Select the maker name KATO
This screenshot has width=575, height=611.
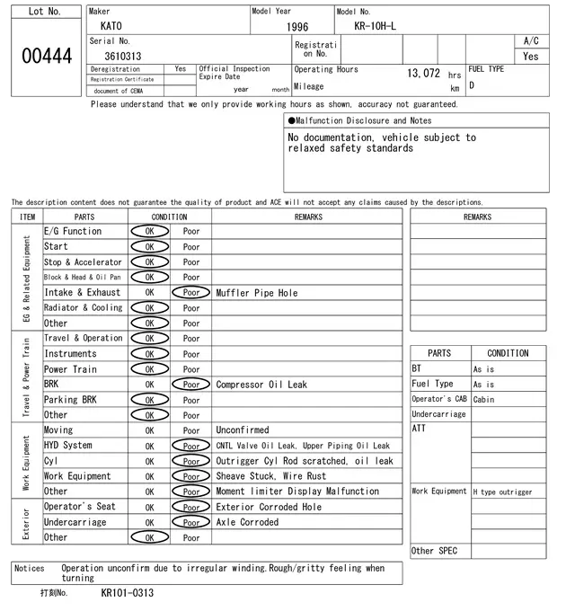pyautogui.click(x=111, y=26)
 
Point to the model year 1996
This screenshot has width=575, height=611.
pyautogui.click(x=297, y=27)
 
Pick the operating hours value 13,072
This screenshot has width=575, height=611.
pyautogui.click(x=423, y=73)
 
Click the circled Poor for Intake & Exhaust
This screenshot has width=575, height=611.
pyautogui.click(x=190, y=292)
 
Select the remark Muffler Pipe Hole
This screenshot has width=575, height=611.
pyautogui.click(x=257, y=293)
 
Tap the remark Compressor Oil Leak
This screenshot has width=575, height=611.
pyautogui.click(x=261, y=385)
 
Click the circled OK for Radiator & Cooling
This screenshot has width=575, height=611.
pyautogui.click(x=149, y=307)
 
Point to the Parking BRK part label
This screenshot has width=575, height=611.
pyautogui.click(x=70, y=400)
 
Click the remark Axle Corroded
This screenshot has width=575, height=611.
pyautogui.click(x=247, y=522)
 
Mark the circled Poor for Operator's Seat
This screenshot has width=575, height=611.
pyautogui.click(x=190, y=507)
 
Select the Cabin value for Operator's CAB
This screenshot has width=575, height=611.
pyautogui.click(x=484, y=400)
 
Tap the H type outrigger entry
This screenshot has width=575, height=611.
pyautogui.click(x=502, y=491)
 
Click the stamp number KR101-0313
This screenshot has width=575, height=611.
pyautogui.click(x=127, y=593)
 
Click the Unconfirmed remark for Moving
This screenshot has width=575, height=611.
pyautogui.click(x=242, y=430)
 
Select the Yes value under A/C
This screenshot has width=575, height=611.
pyautogui.click(x=531, y=56)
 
